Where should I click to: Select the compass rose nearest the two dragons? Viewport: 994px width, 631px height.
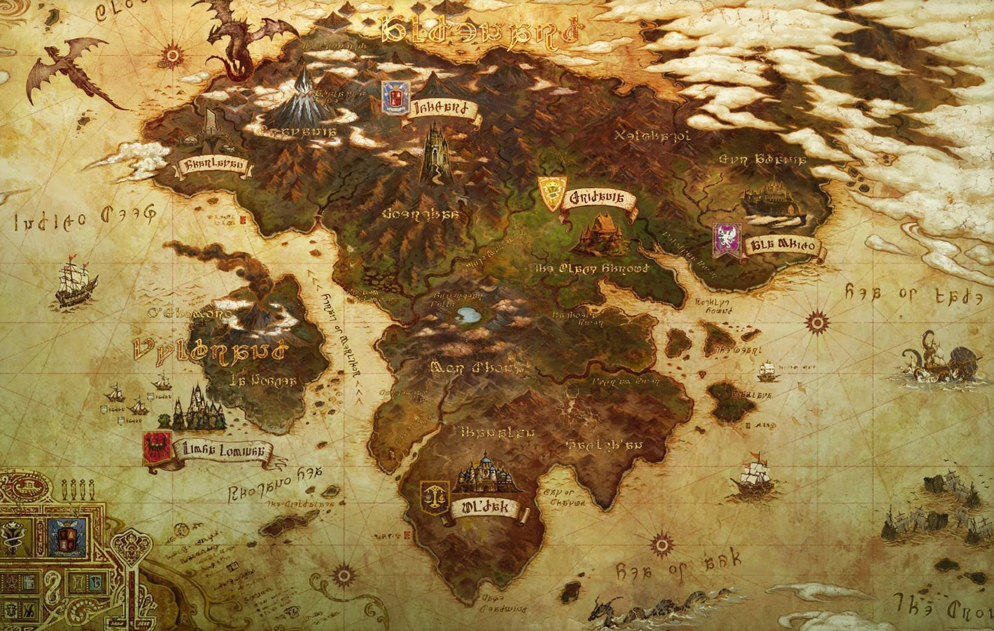click(172, 55)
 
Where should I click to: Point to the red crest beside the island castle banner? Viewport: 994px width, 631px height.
click(157, 447)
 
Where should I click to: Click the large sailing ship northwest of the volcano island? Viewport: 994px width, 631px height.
click(75, 283)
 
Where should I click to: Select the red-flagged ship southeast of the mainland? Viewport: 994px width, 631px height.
click(750, 477)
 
